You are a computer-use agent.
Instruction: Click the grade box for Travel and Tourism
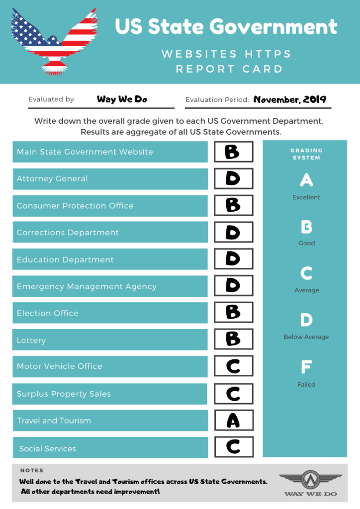click(x=233, y=420)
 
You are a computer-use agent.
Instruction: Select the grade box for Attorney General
click(x=233, y=178)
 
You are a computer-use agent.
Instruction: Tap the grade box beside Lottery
click(x=233, y=339)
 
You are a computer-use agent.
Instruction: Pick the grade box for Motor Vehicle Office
click(x=233, y=366)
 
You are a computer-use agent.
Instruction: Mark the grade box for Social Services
click(x=233, y=447)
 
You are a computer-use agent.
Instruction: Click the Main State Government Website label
click(x=85, y=152)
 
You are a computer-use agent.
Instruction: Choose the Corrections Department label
click(x=68, y=233)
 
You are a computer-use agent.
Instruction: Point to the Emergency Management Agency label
click(x=87, y=286)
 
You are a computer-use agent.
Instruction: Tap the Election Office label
click(x=48, y=313)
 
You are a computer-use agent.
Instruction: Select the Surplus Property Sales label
click(x=64, y=394)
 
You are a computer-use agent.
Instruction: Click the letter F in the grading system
click(x=306, y=368)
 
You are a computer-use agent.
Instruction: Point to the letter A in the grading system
click(x=306, y=180)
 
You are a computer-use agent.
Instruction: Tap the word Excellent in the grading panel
click(x=306, y=197)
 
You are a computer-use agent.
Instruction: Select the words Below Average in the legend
click(x=306, y=337)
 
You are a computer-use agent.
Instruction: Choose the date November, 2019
click(x=290, y=99)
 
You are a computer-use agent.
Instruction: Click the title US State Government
click(x=226, y=26)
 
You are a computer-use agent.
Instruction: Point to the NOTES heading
click(x=32, y=470)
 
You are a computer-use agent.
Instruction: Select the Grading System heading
click(x=306, y=154)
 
